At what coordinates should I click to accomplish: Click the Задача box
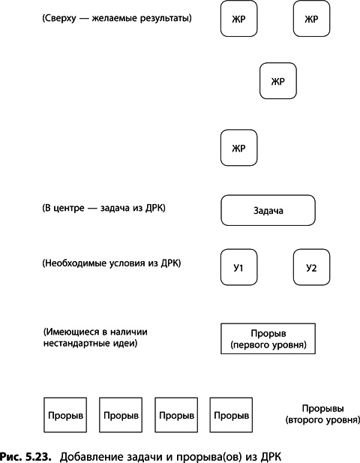click(x=268, y=211)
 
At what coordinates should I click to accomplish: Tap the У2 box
click(x=311, y=267)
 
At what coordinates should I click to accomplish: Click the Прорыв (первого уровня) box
click(x=268, y=339)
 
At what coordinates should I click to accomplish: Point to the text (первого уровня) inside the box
click(x=268, y=346)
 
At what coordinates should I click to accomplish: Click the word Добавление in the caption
click(x=93, y=455)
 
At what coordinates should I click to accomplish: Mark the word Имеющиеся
click(x=72, y=332)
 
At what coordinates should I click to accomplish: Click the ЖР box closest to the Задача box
click(x=238, y=148)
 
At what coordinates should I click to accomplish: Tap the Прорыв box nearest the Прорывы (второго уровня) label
click(x=230, y=414)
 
